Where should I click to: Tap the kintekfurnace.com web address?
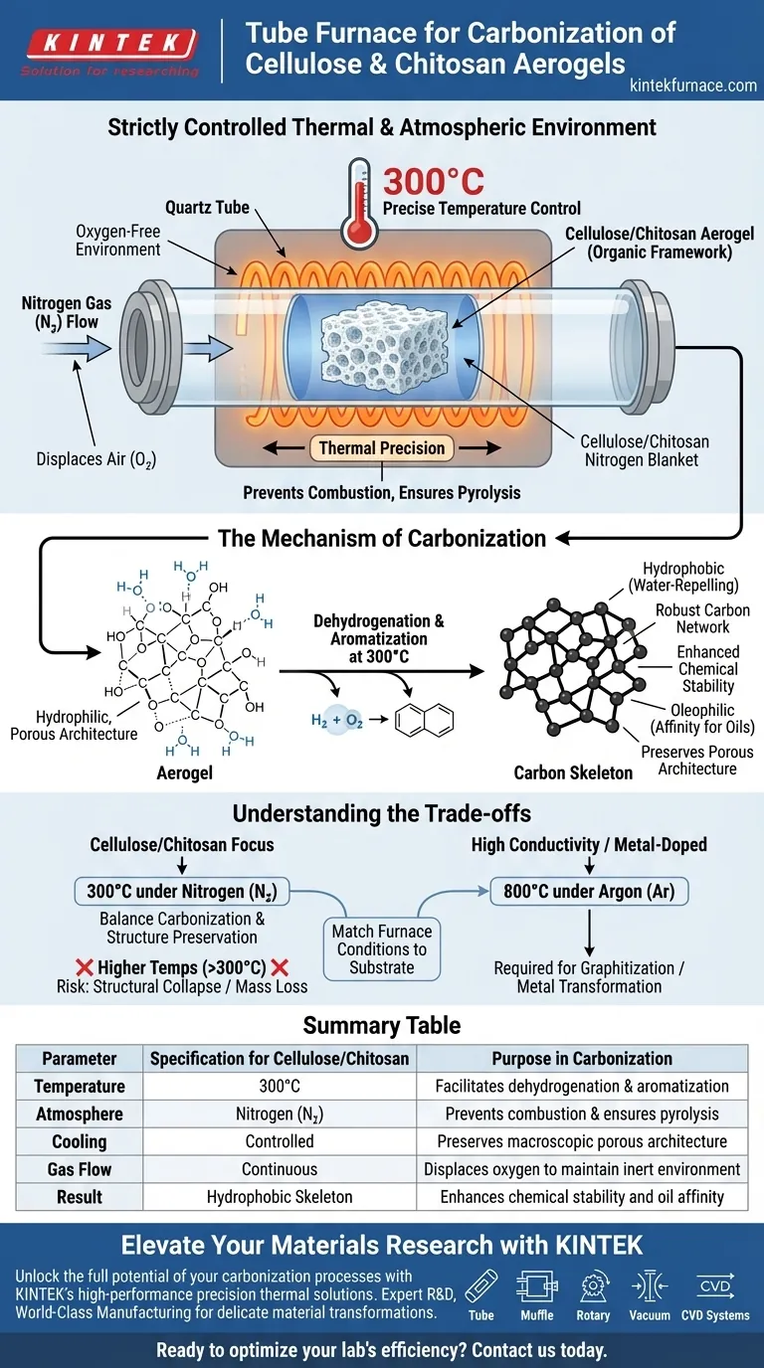[x=693, y=85]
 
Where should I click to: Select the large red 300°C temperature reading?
[x=433, y=181]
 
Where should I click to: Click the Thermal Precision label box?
[x=382, y=447]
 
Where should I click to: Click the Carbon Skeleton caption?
[x=573, y=772]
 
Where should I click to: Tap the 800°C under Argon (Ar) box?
[x=590, y=891]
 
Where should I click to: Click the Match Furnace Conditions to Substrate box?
[x=381, y=949]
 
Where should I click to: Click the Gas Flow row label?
[x=80, y=1169]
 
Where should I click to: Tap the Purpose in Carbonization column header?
[x=582, y=1058]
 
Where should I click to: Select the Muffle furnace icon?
[x=537, y=1288]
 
